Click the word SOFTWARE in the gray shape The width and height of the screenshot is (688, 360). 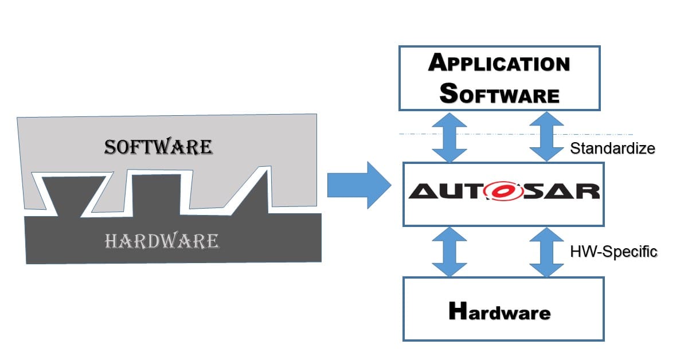pyautogui.click(x=158, y=147)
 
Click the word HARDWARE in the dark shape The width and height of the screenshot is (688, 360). pyautogui.click(x=162, y=241)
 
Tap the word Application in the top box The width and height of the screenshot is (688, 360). pyautogui.click(x=499, y=63)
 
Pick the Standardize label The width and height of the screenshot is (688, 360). pyautogui.click(x=612, y=148)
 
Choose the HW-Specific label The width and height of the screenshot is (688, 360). pyautogui.click(x=613, y=251)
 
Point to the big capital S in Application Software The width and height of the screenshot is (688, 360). pyautogui.click(x=451, y=93)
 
